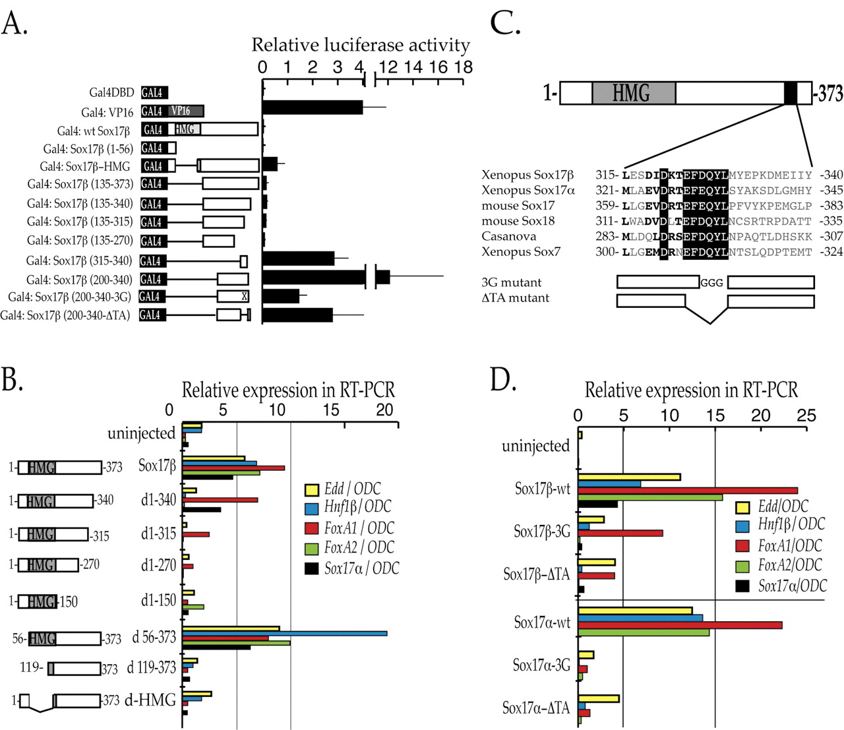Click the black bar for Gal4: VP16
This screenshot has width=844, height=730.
[312, 107]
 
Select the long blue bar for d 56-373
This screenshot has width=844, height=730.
[284, 634]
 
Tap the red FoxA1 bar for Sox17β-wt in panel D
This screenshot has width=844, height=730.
[687, 491]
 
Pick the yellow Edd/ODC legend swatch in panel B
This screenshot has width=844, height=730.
[311, 489]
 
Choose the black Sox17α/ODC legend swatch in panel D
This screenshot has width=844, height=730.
[743, 586]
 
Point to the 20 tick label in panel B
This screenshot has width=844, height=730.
[384, 410]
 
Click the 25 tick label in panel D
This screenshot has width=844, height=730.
[806, 416]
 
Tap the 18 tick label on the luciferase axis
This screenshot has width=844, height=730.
[463, 67]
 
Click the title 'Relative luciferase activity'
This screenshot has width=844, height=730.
[361, 45]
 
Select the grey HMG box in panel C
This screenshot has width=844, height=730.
[633, 93]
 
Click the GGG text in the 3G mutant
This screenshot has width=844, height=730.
[712, 283]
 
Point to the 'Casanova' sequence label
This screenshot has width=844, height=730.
[508, 236]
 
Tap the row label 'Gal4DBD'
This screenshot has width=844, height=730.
[111, 94]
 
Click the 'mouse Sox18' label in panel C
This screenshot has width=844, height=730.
[518, 221]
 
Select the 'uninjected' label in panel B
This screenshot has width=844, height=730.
[142, 434]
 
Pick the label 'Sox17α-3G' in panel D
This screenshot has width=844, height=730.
[541, 665]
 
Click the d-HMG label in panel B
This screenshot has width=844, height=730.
[150, 700]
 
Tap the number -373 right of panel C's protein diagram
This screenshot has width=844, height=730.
[829, 94]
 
